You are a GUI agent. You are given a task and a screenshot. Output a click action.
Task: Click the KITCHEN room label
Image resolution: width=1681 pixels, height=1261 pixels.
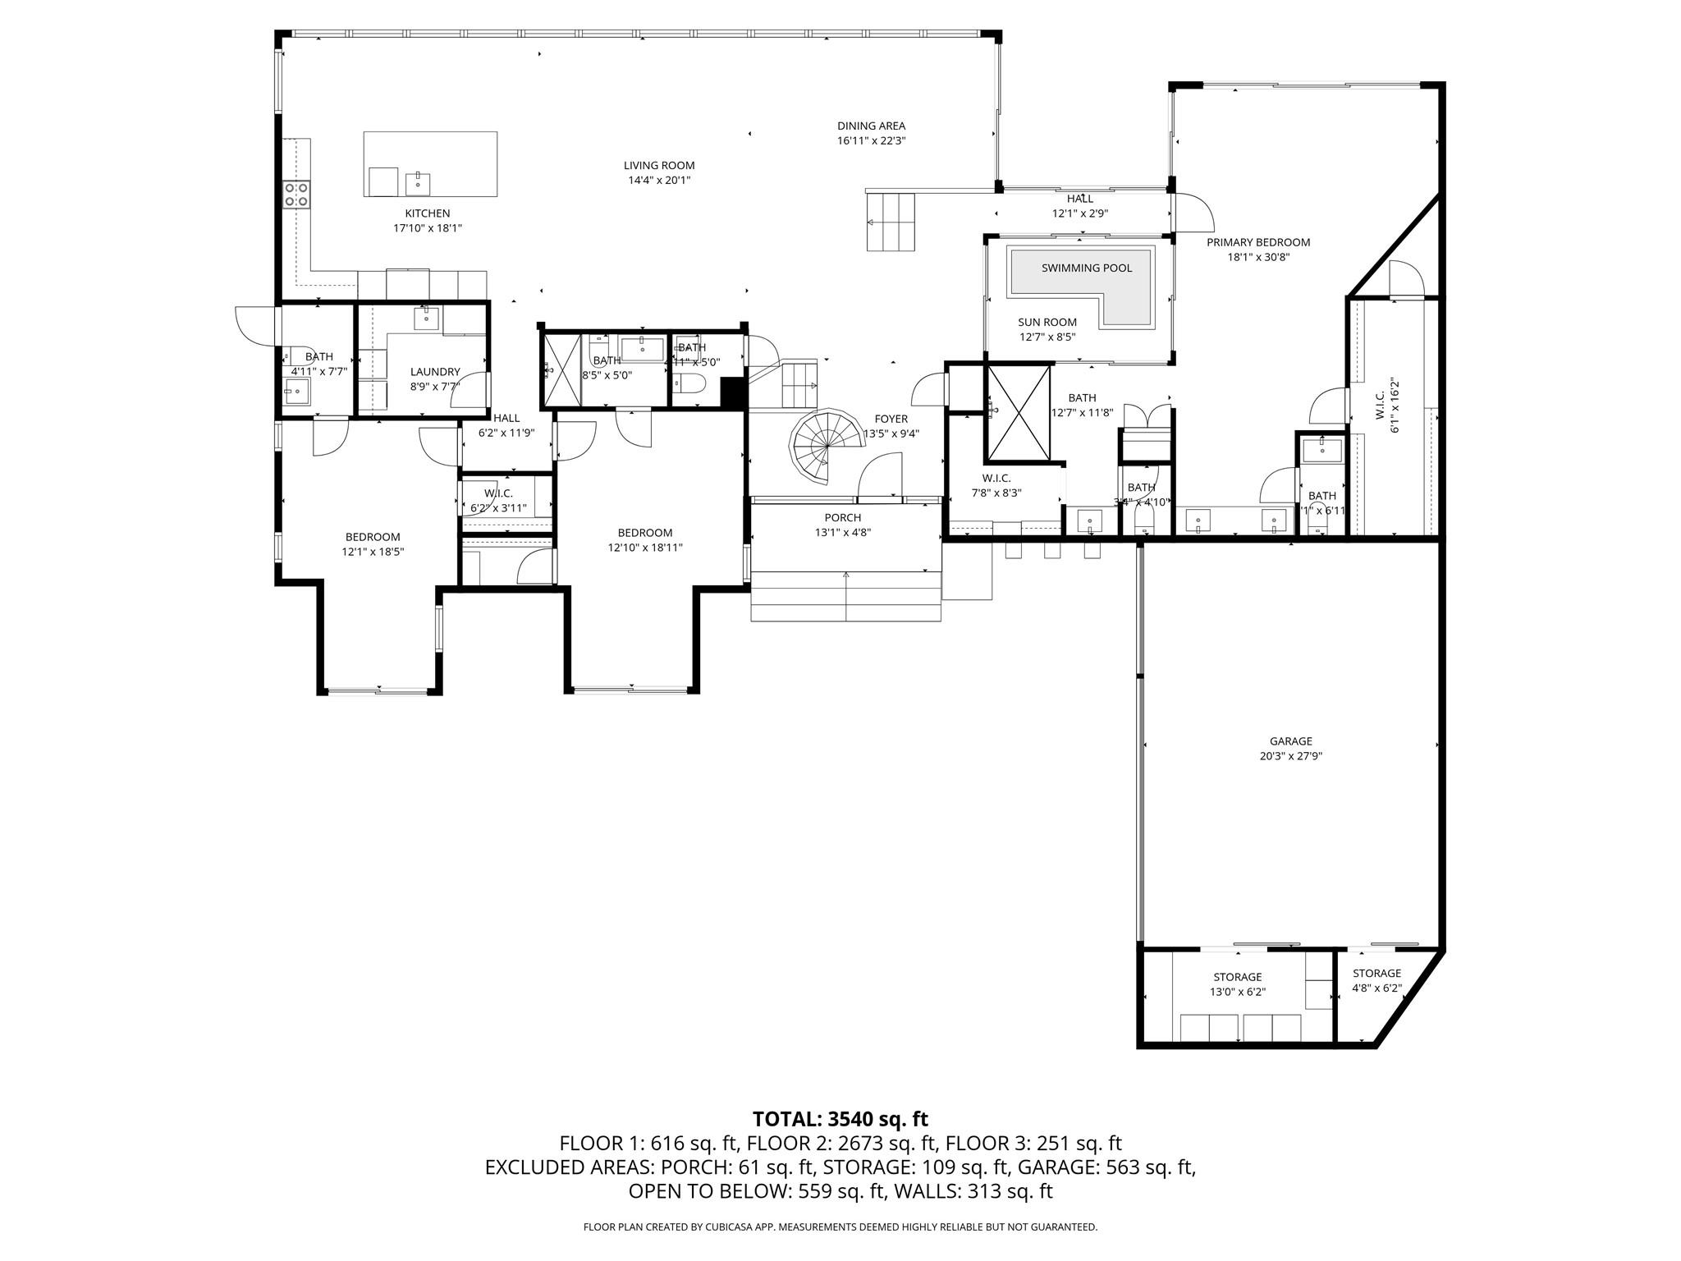tap(427, 213)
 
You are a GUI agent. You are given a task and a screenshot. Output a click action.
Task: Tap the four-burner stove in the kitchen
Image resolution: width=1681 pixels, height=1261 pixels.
tap(296, 194)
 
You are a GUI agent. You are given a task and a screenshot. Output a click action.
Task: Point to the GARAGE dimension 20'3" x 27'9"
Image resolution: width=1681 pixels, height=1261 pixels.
tap(1290, 756)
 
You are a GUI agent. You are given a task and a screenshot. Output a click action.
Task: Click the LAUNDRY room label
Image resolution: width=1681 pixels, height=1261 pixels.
tap(435, 372)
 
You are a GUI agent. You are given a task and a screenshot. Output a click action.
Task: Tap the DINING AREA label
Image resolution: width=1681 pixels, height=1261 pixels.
tap(871, 126)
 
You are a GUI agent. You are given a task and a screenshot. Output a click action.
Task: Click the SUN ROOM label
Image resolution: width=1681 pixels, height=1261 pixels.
tap(1047, 322)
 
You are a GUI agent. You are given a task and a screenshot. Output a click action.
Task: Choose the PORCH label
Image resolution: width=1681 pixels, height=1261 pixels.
tap(842, 517)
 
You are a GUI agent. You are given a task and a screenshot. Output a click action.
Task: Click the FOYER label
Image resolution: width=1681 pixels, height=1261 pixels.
tap(891, 419)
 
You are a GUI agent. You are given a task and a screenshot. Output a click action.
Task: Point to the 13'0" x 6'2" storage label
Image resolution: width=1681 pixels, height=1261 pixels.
tap(1237, 992)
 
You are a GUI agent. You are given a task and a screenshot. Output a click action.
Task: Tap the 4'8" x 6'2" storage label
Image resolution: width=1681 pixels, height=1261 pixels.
tap(1376, 988)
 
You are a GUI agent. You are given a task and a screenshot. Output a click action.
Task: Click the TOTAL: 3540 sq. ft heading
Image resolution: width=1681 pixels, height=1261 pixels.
tap(840, 1118)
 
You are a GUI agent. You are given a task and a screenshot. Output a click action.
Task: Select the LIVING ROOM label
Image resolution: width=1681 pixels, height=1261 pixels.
tap(658, 165)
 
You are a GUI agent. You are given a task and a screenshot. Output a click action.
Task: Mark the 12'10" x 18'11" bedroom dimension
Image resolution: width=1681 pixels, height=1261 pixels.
tap(644, 548)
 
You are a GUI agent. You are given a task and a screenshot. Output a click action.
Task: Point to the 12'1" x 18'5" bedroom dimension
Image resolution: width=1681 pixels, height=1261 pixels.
tap(373, 552)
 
